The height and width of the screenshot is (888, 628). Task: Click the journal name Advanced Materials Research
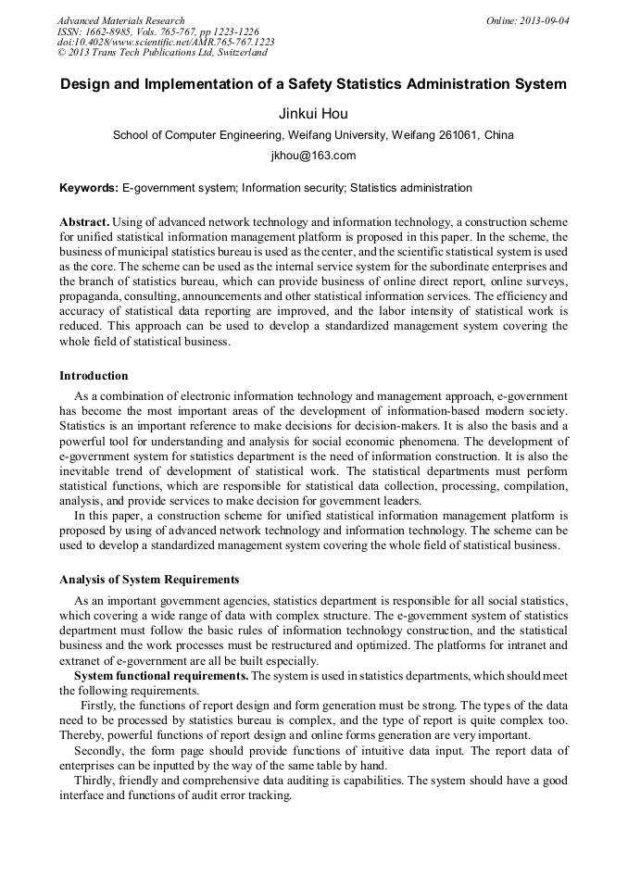point(120,20)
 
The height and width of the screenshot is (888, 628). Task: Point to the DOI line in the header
point(166,43)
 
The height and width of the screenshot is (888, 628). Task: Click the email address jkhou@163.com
point(313,156)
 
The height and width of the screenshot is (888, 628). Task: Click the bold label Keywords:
point(89,188)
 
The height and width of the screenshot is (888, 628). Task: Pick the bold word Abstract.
point(84,223)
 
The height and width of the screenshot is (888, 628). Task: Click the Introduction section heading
point(94,376)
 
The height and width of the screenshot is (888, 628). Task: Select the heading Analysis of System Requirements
point(149,580)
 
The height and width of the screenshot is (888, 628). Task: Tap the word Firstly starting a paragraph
point(100,706)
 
